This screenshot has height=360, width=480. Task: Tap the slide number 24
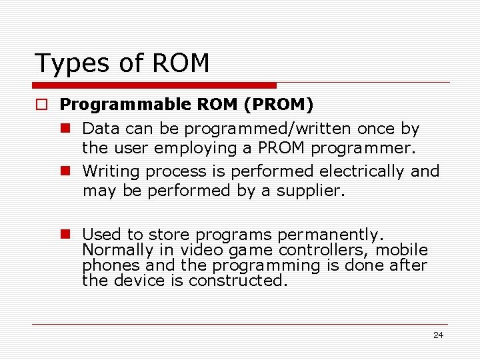pos(438,335)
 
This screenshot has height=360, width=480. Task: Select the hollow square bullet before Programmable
pos(42,105)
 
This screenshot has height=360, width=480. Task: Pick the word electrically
pos(361,171)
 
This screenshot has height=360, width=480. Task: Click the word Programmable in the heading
pos(118,105)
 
